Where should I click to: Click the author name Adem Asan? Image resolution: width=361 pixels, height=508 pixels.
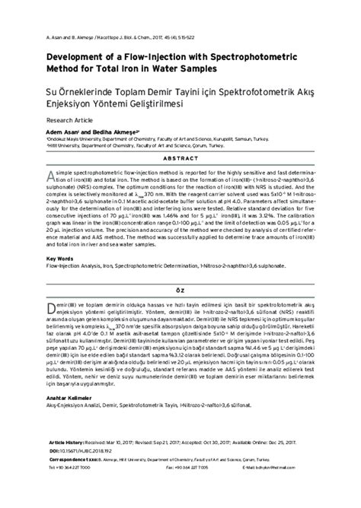[x=62, y=132]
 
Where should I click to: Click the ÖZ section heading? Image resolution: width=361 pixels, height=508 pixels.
[x=180, y=291]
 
